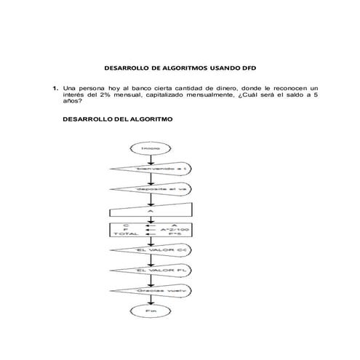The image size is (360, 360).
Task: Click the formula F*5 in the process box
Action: point(175,235)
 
